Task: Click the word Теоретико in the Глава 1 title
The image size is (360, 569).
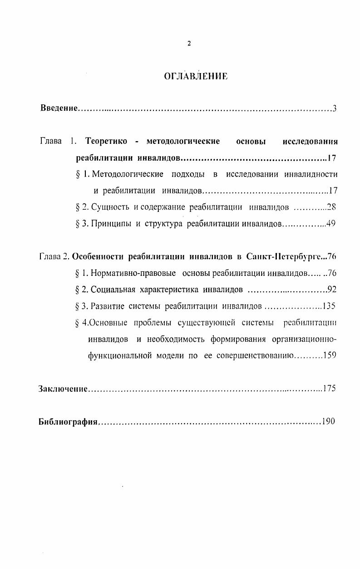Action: [106, 141]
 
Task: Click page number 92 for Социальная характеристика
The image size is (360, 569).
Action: [331, 289]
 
